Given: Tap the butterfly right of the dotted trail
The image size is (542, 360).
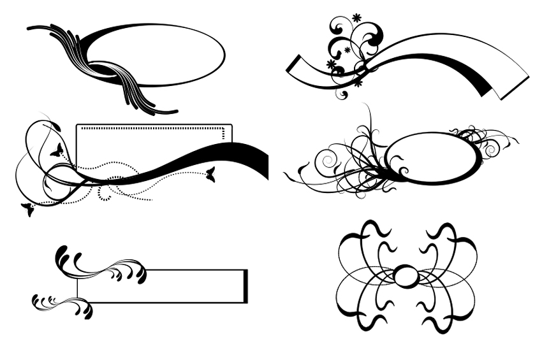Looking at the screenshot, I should click(210, 174).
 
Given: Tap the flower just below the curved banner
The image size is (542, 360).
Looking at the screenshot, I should click(357, 82).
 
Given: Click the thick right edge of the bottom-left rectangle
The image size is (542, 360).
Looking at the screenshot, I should click(245, 285).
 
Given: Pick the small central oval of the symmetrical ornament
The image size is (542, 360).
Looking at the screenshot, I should click(407, 277).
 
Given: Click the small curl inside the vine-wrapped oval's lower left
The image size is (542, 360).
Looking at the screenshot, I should click(403, 169).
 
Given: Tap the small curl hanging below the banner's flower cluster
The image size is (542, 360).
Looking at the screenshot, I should click(342, 95).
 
